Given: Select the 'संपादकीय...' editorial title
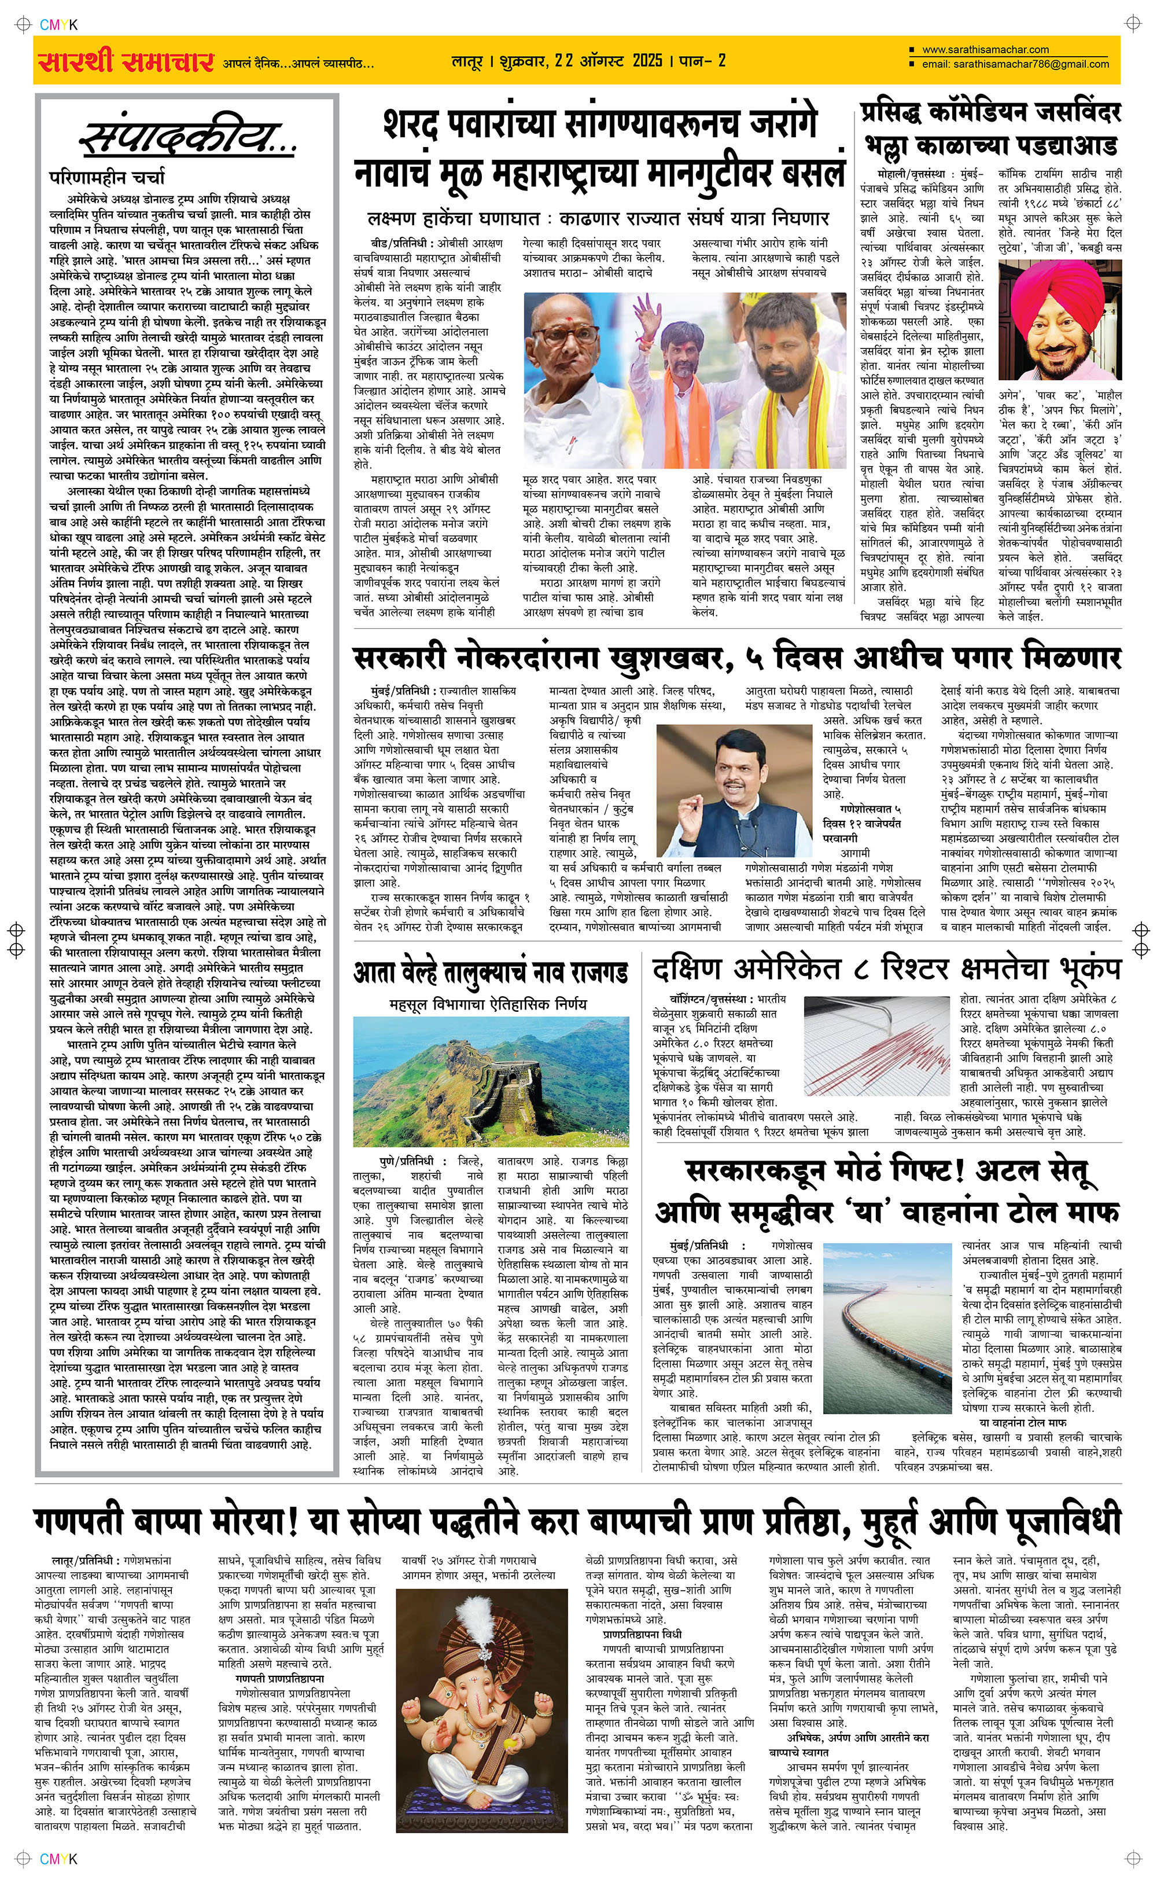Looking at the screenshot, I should click(x=188, y=138).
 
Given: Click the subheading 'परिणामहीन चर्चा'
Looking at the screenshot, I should click(x=107, y=178).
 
